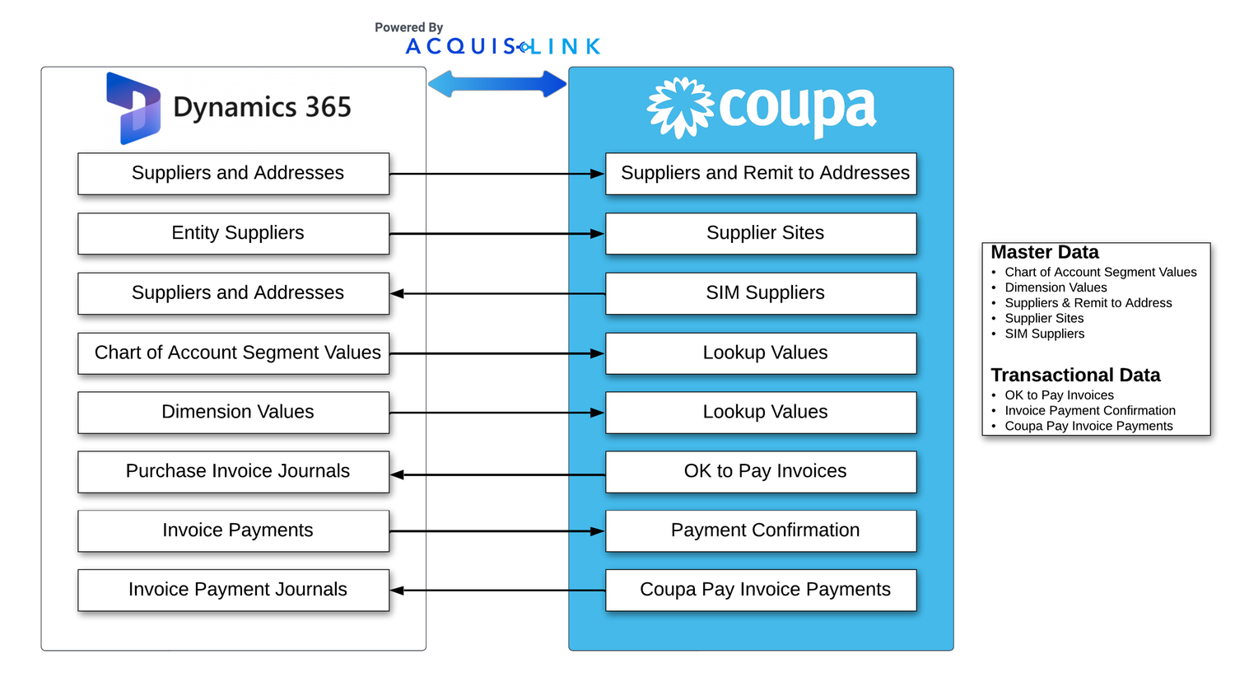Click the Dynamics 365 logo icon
click(x=133, y=108)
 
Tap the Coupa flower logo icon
click(x=680, y=107)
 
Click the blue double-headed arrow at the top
click(x=497, y=83)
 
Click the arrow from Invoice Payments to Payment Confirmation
click(x=497, y=531)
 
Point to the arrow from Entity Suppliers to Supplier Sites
click(x=497, y=234)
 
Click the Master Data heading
click(x=1045, y=253)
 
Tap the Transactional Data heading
click(x=1075, y=376)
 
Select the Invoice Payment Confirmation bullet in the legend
click(x=1090, y=410)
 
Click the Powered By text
click(x=408, y=27)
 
